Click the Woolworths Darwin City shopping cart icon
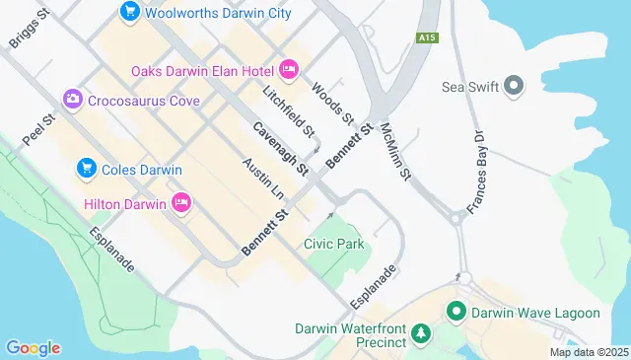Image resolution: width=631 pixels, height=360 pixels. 129,12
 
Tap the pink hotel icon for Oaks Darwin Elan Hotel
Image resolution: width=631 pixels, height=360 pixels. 288,69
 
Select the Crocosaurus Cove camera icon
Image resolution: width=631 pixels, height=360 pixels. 72,100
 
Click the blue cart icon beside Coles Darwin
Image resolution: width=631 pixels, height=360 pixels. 87,169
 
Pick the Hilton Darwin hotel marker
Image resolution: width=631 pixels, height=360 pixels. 180,203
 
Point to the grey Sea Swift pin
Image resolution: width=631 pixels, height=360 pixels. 513,87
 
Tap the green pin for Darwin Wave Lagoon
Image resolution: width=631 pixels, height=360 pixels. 456,313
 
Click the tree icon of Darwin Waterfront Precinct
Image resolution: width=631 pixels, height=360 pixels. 421,334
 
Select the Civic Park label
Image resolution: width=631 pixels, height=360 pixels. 334,244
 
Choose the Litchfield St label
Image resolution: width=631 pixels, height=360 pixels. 289,110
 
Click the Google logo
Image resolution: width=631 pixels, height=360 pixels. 33,347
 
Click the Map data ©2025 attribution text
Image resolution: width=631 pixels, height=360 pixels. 588,352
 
